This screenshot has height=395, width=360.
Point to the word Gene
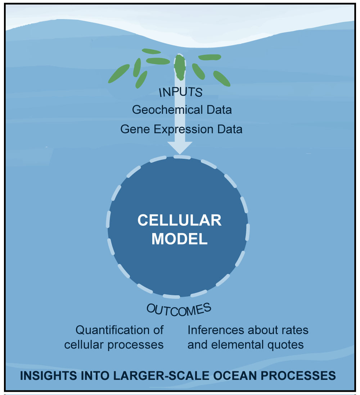click(x=134, y=129)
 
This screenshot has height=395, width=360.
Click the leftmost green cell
click(x=118, y=73)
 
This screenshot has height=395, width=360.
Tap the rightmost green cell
click(x=222, y=78)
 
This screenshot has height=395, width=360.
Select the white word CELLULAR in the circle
click(x=179, y=220)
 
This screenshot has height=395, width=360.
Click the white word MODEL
click(x=179, y=239)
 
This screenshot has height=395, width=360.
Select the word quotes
click(x=286, y=345)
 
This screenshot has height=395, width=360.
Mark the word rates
click(x=296, y=330)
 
